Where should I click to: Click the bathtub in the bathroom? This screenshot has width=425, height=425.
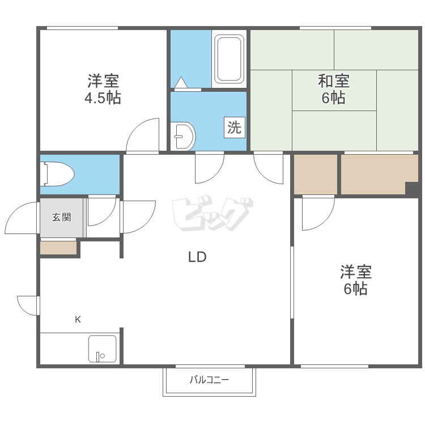[x=229, y=59]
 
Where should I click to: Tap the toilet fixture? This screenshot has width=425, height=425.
[x=57, y=174]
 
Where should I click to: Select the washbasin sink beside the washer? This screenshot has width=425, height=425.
[x=182, y=136]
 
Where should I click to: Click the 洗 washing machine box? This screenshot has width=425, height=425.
[x=235, y=127]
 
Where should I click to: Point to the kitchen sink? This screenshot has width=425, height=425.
[x=103, y=348]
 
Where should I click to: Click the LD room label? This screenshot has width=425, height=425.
[x=197, y=257]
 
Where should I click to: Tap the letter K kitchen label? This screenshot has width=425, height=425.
[x=78, y=320]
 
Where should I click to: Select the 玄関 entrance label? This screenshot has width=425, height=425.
[x=62, y=217]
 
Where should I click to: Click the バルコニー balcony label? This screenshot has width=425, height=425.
[x=209, y=380]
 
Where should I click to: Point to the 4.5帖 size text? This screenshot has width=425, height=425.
[x=103, y=98]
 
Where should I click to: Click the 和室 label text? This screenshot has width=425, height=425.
[x=334, y=81]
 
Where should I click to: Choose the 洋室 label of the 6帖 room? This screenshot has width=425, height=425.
[x=356, y=271]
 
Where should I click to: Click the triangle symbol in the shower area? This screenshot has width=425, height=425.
[x=181, y=82]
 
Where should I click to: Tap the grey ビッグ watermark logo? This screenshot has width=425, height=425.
[x=212, y=213]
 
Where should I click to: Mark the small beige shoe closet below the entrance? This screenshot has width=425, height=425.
[x=58, y=248]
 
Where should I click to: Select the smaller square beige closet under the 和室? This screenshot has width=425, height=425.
[x=316, y=175]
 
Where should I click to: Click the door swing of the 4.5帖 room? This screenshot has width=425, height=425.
[x=143, y=135]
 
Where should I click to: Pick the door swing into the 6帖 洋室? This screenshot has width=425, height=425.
[x=318, y=214]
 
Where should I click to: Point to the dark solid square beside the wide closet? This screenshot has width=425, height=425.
[x=412, y=189]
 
